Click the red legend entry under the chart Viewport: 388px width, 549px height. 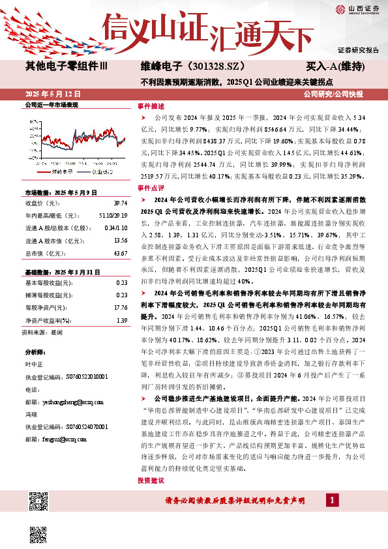[x=59, y=173]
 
